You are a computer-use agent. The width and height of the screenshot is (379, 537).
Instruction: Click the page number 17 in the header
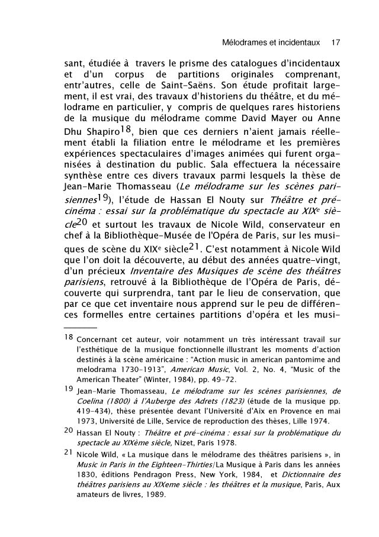336,43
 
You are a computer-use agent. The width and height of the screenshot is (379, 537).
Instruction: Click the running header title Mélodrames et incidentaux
270,43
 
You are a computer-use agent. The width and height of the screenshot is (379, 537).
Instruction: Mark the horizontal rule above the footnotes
81,327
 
